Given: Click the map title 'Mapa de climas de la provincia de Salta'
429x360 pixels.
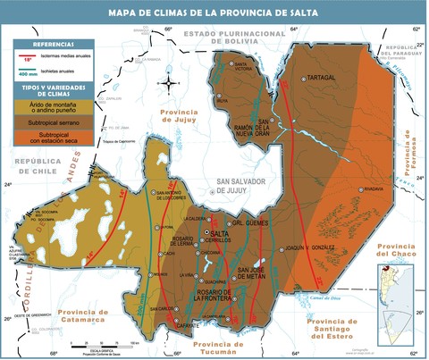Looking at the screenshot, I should tap(214, 13).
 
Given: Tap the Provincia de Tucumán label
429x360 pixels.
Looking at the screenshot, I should tap(218, 347).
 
